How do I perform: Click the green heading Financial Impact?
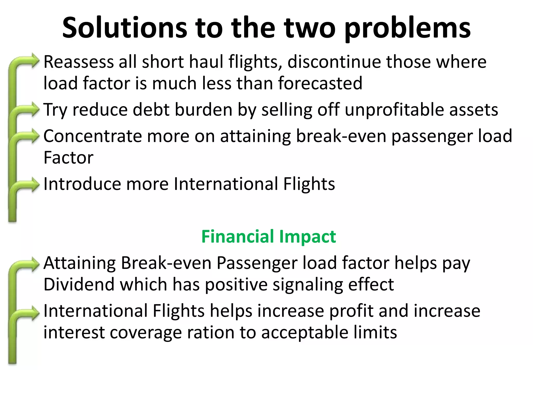(x=269, y=236)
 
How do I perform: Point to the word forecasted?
(x=320, y=83)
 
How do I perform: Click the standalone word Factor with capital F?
(x=68, y=158)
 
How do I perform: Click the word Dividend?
(x=79, y=284)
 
